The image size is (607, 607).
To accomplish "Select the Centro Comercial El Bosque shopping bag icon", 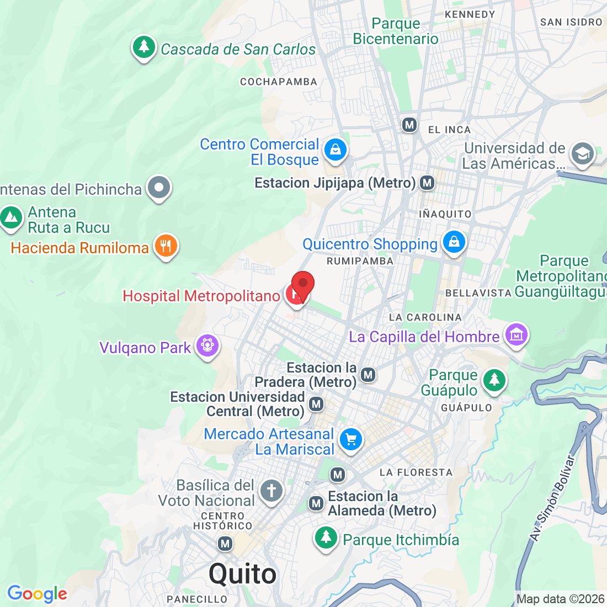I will click(x=335, y=149).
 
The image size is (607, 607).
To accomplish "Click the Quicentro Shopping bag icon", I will click(x=454, y=242).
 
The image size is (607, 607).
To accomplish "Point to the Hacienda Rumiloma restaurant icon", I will click(x=166, y=246).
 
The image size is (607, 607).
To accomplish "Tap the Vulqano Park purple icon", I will click(x=207, y=346).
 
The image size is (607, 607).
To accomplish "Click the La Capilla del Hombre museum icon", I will click(x=516, y=335).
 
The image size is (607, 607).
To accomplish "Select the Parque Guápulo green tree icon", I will click(x=494, y=380).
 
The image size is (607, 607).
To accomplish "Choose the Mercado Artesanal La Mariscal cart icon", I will click(x=350, y=440).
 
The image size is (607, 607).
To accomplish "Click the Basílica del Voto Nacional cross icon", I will click(x=271, y=491).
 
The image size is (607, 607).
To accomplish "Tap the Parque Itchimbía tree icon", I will click(x=326, y=537).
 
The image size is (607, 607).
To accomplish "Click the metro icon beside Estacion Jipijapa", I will click(x=427, y=183).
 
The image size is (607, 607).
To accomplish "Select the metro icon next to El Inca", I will click(x=409, y=125).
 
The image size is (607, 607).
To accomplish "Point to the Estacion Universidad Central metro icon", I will click(x=316, y=404).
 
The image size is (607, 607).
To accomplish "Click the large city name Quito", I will click(x=243, y=574).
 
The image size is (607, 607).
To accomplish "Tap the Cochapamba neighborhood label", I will click(x=279, y=82).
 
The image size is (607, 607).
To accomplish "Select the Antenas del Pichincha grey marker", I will click(x=159, y=188).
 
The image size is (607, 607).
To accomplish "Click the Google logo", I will click(x=37, y=594).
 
